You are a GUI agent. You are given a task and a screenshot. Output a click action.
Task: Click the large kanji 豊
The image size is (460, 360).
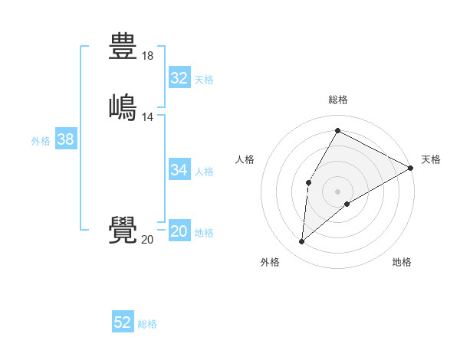pyautogui.click(x=123, y=46)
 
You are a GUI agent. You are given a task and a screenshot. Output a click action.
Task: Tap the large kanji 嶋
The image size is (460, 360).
pyautogui.click(x=123, y=107)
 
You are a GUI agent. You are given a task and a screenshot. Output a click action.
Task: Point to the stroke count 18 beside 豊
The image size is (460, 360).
pyautogui.click(x=148, y=56)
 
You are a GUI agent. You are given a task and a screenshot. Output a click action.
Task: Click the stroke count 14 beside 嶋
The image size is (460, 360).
pyautogui.click(x=148, y=117)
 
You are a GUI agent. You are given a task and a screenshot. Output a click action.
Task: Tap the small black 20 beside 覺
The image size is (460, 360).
pyautogui.click(x=147, y=240)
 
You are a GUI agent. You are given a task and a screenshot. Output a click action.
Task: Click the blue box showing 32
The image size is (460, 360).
pyautogui.click(x=179, y=78)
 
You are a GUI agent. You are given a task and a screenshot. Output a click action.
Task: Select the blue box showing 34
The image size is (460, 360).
pyautogui.click(x=179, y=170)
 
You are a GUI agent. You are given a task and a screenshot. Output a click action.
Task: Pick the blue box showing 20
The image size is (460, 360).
pyautogui.click(x=179, y=231)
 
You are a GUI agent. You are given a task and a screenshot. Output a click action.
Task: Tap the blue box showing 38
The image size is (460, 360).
pyautogui.click(x=65, y=139)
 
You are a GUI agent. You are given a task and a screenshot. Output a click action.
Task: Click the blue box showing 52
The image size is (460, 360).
pyautogui.click(x=123, y=322)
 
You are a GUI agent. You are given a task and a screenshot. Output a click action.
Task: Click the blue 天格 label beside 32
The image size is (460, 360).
pyautogui.click(x=204, y=80)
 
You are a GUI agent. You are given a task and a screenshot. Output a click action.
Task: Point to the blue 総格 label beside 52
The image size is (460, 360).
pyautogui.click(x=147, y=324)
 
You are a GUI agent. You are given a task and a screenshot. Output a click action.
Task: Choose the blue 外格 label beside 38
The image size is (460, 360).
pyautogui.click(x=41, y=141)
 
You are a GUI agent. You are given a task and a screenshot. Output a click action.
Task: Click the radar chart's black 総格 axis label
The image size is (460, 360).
pyautogui.click(x=338, y=100)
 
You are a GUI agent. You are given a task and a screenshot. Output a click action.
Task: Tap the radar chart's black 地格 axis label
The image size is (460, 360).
pyautogui.click(x=402, y=263)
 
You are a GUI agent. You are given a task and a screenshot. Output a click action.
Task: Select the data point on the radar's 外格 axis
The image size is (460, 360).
pyautogui.click(x=302, y=242)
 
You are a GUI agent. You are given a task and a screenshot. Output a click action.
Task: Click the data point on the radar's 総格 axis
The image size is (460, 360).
pyautogui.click(x=337, y=131)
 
